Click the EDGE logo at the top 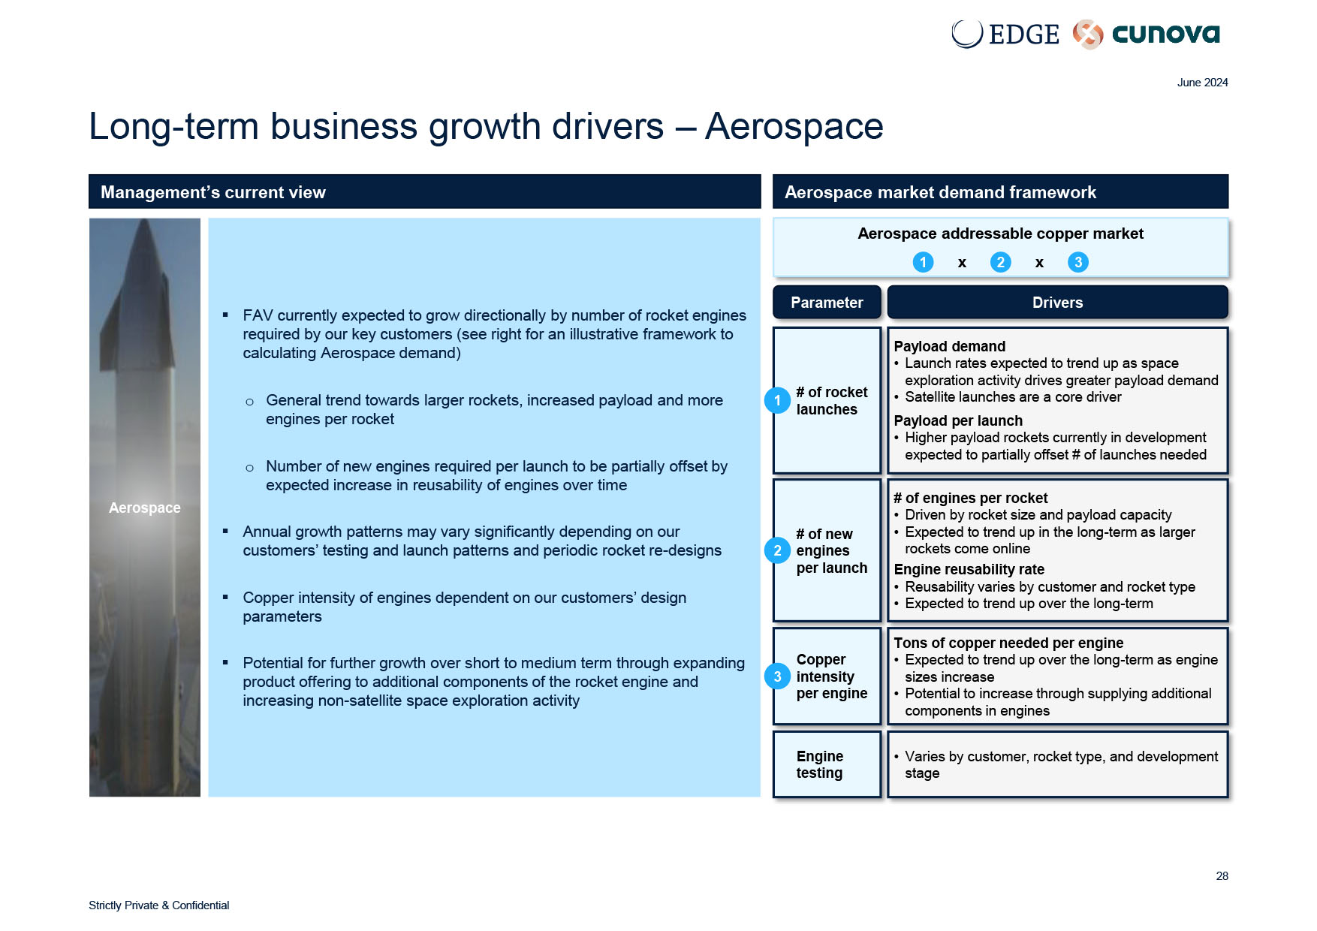(x=1005, y=34)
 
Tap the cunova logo (x=1147, y=34)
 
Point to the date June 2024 (x=1202, y=83)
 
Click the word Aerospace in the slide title (x=794, y=126)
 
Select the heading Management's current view (x=213, y=192)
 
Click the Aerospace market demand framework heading (x=940, y=192)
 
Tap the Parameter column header (x=827, y=303)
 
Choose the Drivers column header (x=1057, y=303)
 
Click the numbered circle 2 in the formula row (x=1000, y=262)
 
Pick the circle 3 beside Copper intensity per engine (x=777, y=676)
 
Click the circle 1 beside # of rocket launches (x=777, y=400)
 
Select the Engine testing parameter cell (x=827, y=764)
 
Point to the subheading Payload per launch (x=958, y=420)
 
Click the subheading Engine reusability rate (x=969, y=569)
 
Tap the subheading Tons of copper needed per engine (x=1008, y=643)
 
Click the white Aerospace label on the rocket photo (x=145, y=508)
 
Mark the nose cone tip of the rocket (x=144, y=221)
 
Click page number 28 (x=1222, y=876)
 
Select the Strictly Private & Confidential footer (x=158, y=905)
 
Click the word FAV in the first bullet (x=258, y=315)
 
